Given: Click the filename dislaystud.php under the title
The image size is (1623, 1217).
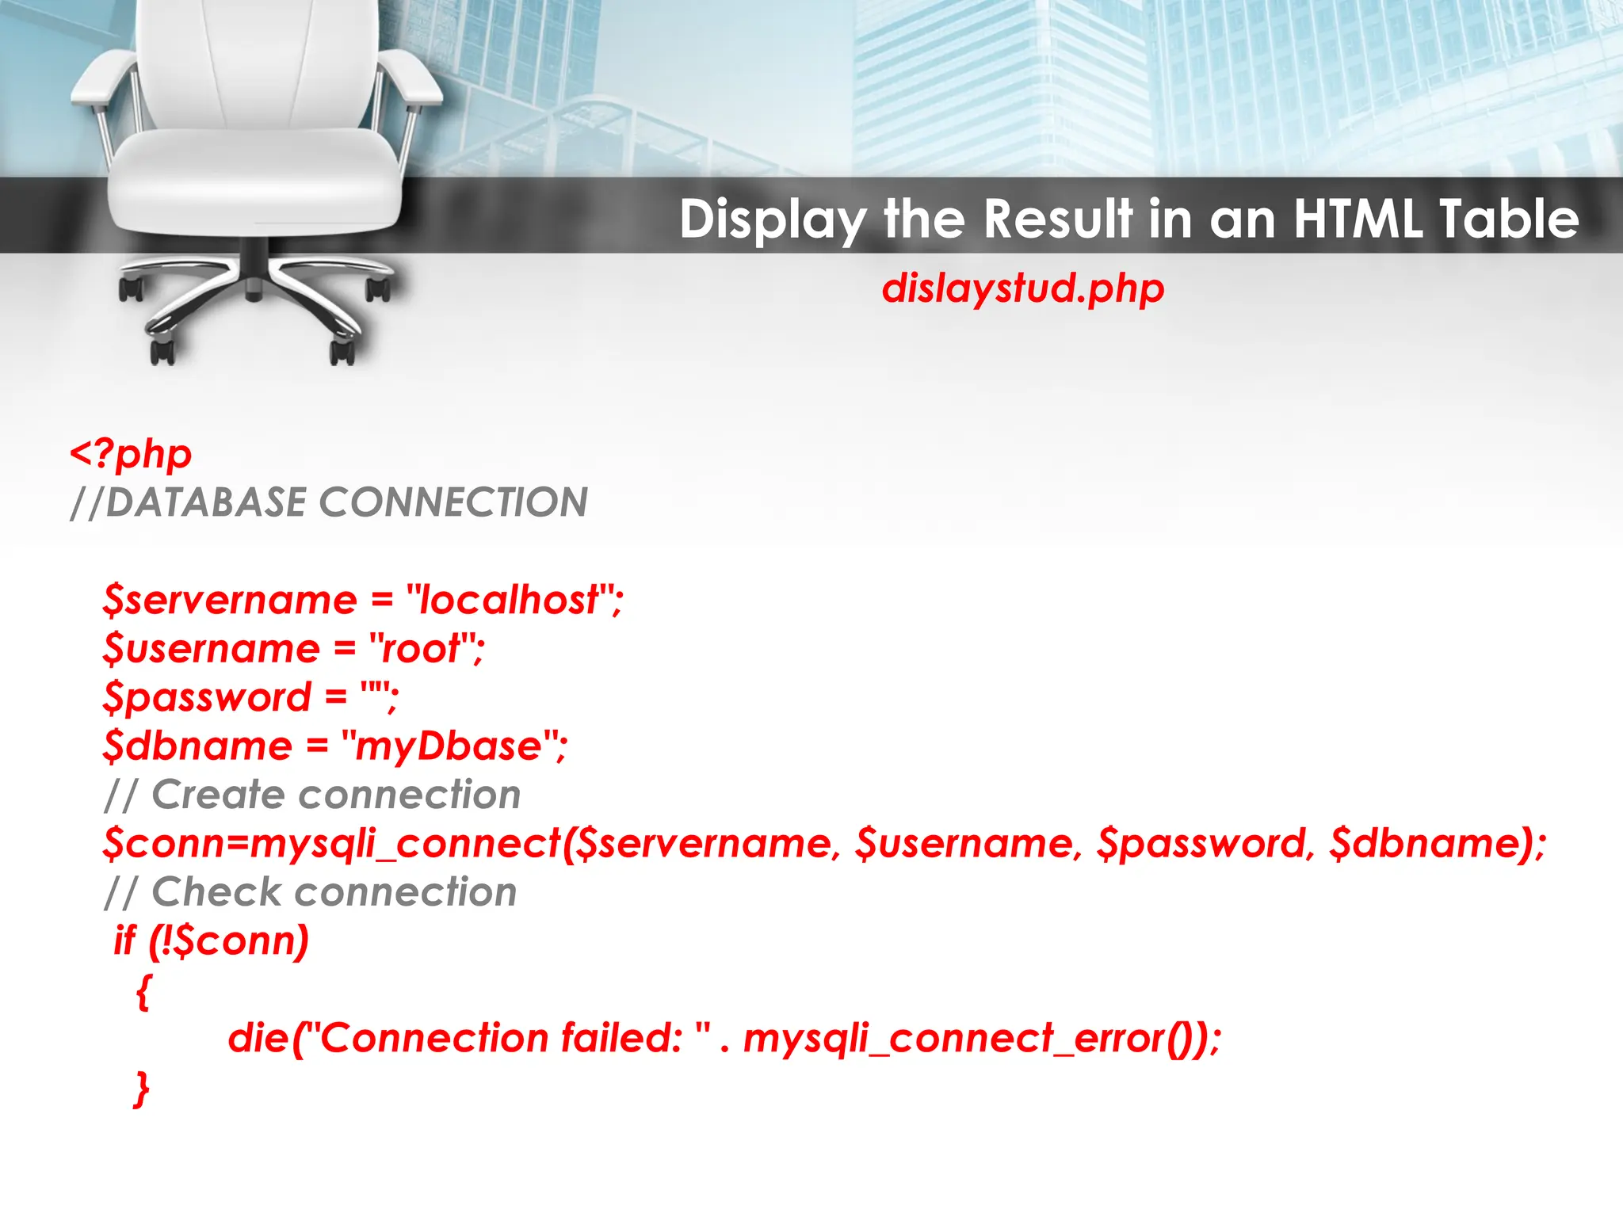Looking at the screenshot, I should point(1022,288).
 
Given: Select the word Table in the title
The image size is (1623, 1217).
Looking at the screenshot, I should point(1509,219).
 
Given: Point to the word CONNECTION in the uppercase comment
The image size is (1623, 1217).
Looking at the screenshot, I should point(453,502).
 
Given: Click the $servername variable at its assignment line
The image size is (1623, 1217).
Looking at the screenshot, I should point(229,600).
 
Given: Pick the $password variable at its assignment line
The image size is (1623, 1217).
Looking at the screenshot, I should point(207,698).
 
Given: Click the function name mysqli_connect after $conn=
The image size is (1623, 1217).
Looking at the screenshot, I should point(404,844).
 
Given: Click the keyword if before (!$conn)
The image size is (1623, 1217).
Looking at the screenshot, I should point(124,941).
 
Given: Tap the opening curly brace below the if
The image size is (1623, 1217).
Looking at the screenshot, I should point(143,992).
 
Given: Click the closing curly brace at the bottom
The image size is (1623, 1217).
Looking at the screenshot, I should point(142,1089).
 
